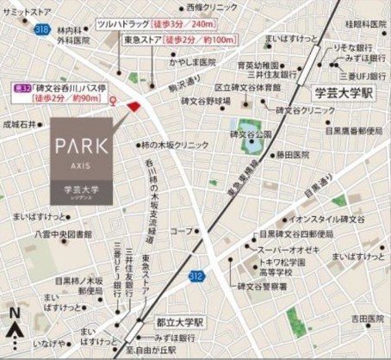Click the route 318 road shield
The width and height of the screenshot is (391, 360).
pos(40,28)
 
